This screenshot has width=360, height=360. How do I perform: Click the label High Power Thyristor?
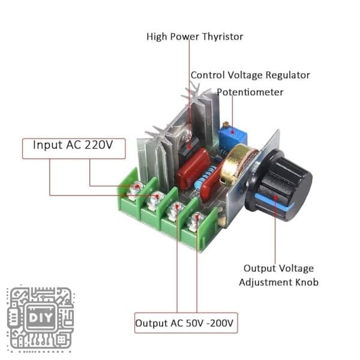point(195,37)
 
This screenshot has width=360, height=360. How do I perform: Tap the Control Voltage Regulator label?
point(250,75)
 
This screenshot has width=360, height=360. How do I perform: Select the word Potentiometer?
point(250,92)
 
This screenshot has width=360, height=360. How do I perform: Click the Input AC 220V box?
point(73,146)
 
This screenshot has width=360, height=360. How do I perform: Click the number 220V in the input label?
point(98,146)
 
